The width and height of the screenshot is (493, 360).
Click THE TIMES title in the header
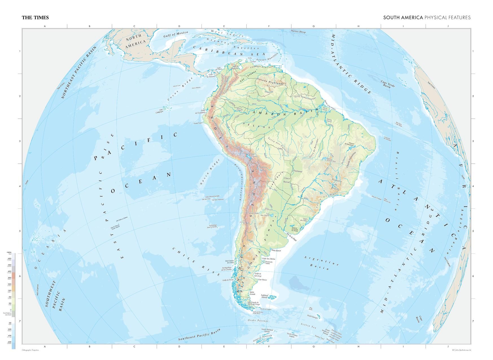(x=35, y=17)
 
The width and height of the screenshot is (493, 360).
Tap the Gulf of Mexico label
(x=176, y=34)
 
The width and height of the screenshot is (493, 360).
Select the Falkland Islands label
(x=264, y=296)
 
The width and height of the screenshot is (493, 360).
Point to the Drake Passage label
(x=258, y=321)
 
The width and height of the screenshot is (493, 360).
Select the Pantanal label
(x=297, y=171)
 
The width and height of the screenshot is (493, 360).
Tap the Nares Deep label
(x=298, y=32)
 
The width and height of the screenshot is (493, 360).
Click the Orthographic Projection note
(x=30, y=350)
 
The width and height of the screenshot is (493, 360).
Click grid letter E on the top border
(x=224, y=26)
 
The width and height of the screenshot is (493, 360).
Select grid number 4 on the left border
(x=20, y=186)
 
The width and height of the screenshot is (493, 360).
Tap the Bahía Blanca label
(x=276, y=250)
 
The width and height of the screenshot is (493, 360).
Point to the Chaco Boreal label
(x=287, y=180)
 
